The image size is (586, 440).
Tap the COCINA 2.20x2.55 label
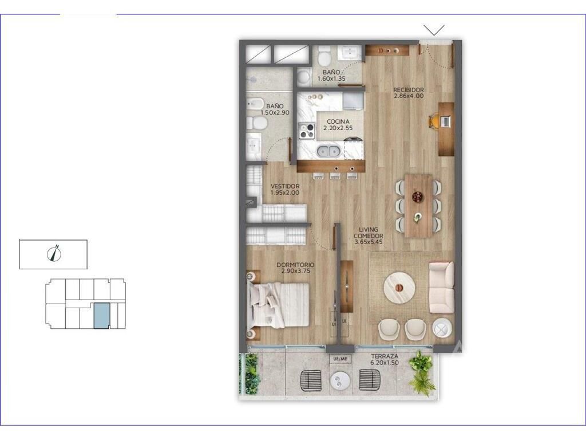click(x=338, y=124)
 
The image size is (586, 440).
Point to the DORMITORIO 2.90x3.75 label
click(x=295, y=268)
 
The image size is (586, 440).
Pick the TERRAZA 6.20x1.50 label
click(x=384, y=360)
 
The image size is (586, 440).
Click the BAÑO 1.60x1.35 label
click(x=331, y=75)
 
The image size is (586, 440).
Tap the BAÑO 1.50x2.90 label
click(x=275, y=109)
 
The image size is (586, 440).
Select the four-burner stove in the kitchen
click(x=307, y=131)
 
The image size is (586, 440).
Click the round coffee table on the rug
click(x=399, y=288)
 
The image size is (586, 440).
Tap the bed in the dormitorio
click(x=279, y=305)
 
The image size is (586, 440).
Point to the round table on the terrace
click(x=340, y=381)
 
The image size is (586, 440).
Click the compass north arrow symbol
click(x=54, y=253)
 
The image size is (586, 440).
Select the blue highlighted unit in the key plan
click(x=102, y=316)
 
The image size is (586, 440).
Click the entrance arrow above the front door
click(x=434, y=30)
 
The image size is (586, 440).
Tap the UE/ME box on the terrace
click(x=340, y=359)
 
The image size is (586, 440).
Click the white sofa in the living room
click(x=441, y=288)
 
